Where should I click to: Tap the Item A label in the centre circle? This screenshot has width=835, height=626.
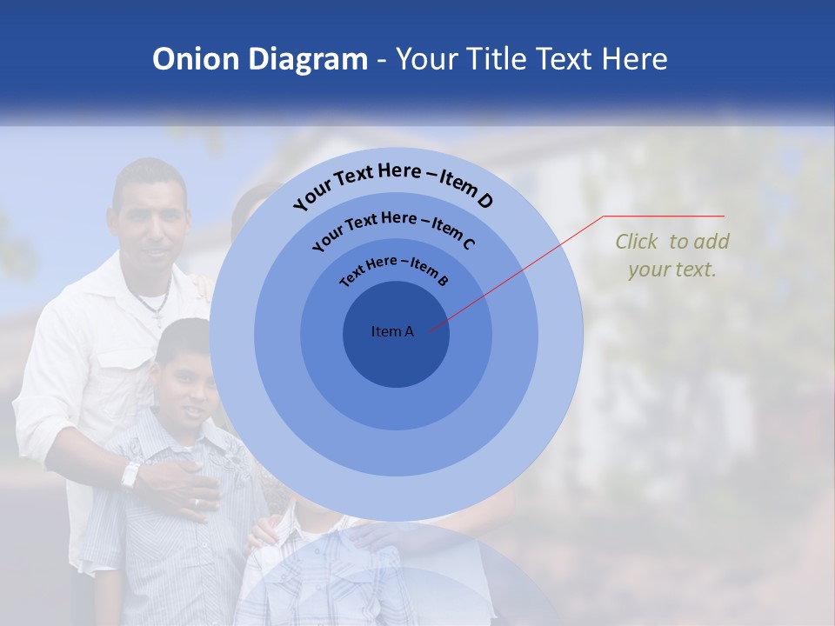(392, 331)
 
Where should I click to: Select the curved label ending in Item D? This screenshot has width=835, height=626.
(393, 187)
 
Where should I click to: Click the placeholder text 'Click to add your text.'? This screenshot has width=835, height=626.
(672, 255)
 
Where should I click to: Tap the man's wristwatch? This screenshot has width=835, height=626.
(130, 475)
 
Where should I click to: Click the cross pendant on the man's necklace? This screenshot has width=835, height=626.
(159, 318)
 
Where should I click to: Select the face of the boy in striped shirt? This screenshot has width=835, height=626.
(185, 383)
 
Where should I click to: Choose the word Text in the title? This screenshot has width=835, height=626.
(563, 59)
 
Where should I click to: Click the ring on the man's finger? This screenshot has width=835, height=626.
(196, 503)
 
